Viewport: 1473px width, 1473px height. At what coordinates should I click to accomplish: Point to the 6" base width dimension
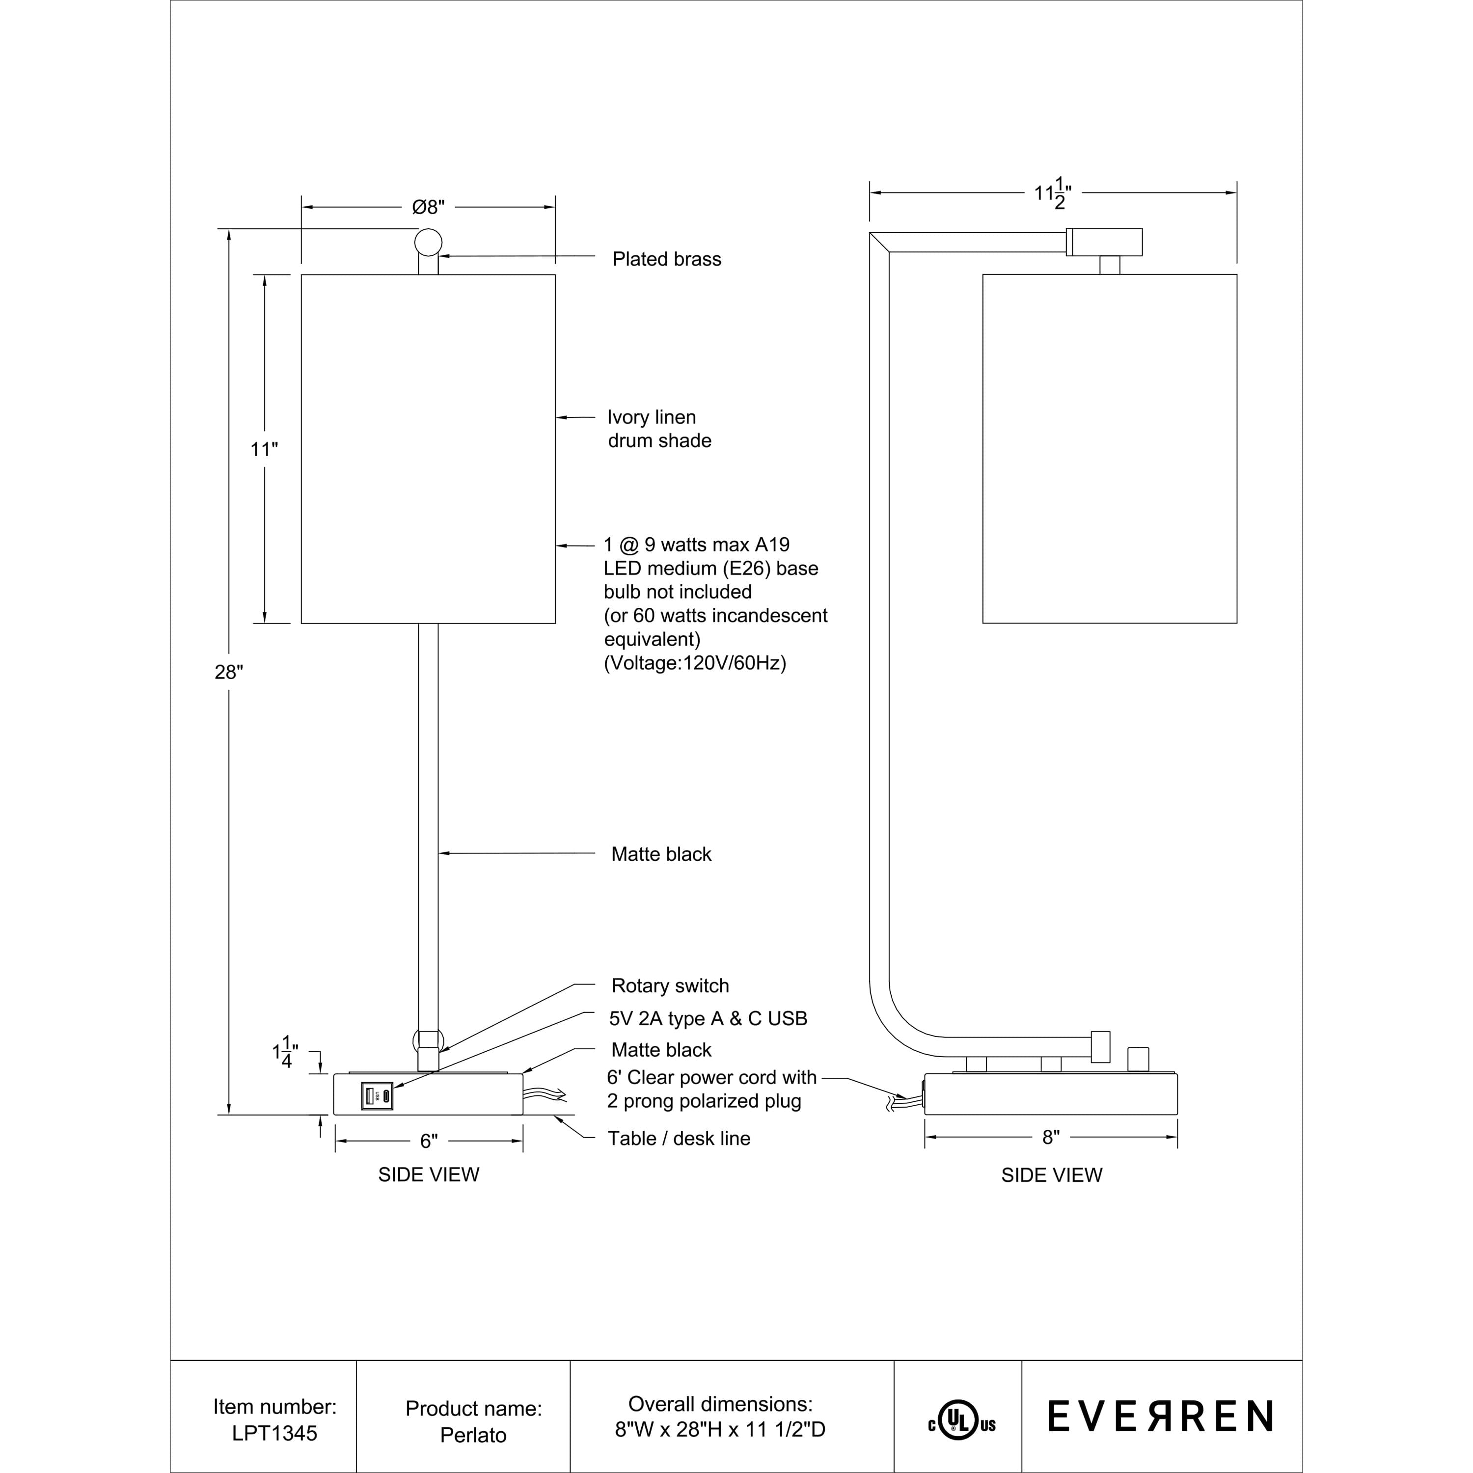click(x=429, y=1142)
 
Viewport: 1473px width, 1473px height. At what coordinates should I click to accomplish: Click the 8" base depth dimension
click(x=1051, y=1138)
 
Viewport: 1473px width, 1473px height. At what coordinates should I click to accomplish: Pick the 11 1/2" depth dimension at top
click(x=1053, y=193)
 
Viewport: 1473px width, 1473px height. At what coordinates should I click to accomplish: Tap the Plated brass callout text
click(x=666, y=259)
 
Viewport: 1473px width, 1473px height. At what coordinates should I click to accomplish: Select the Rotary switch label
click(x=670, y=986)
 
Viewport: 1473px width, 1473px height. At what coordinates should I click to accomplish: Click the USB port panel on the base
click(x=377, y=1096)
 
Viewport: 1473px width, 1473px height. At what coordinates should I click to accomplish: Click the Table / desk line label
click(x=679, y=1138)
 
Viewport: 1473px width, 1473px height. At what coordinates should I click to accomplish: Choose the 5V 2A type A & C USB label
click(x=709, y=1019)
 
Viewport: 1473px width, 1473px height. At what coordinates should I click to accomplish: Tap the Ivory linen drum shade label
click(x=659, y=429)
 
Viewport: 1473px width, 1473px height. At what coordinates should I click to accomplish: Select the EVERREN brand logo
click(x=1160, y=1417)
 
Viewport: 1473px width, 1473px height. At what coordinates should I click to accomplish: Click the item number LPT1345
click(x=274, y=1433)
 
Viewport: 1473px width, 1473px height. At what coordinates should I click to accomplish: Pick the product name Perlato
click(x=473, y=1435)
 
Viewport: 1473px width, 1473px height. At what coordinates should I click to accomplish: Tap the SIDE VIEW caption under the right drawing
click(x=1051, y=1175)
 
